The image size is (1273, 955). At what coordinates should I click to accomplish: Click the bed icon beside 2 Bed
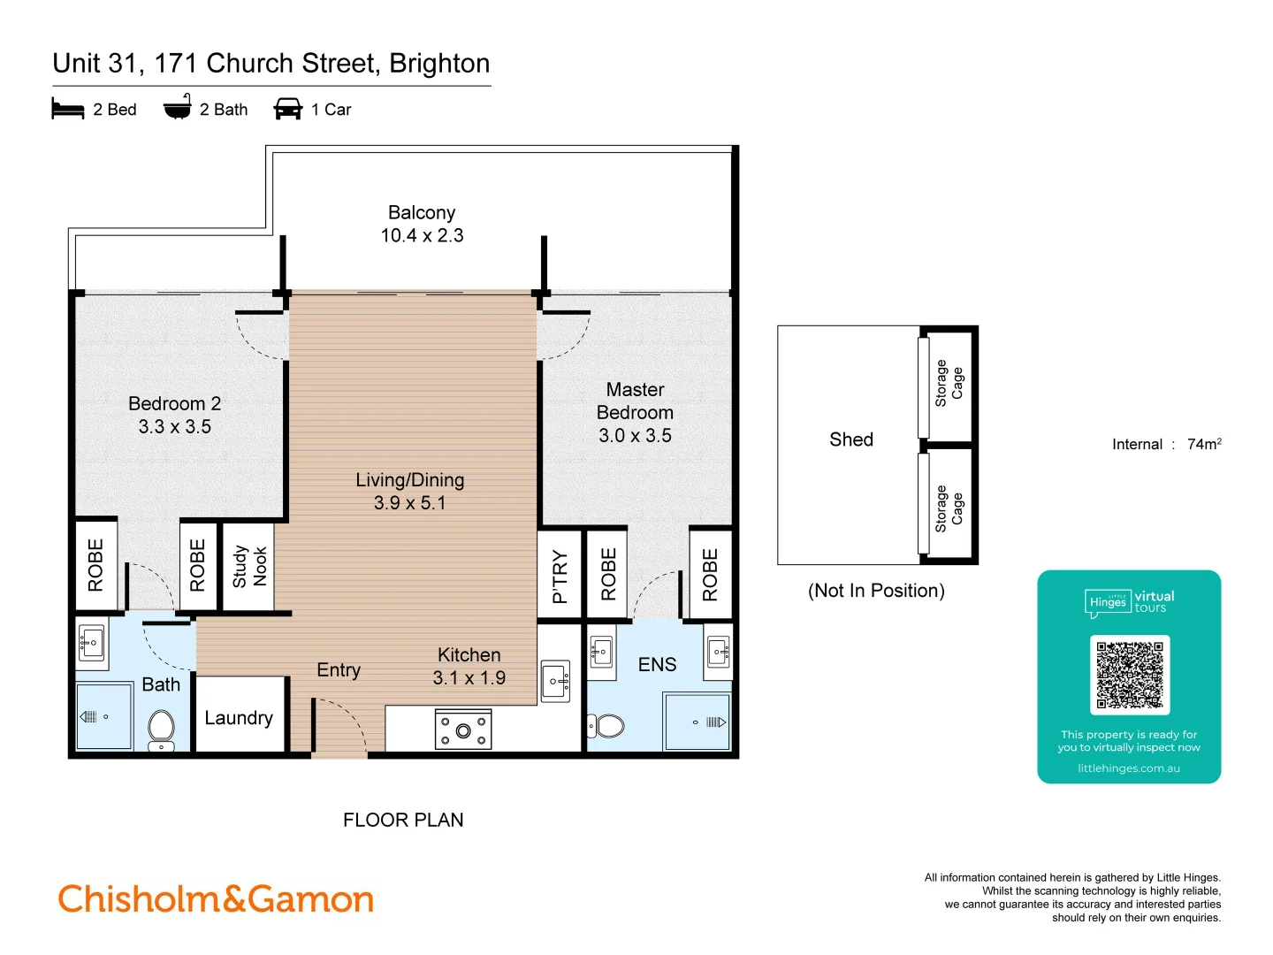(x=68, y=109)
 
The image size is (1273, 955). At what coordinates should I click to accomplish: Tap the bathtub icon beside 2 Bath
(x=178, y=107)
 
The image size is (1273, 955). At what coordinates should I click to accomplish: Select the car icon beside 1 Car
(x=288, y=109)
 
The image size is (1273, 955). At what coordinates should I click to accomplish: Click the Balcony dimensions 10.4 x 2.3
(x=422, y=235)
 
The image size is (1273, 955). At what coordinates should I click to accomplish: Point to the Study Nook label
(x=249, y=566)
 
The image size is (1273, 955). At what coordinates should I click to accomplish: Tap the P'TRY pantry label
(x=560, y=577)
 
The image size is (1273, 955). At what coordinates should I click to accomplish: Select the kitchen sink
(x=556, y=680)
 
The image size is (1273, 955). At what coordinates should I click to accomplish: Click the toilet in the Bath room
(x=161, y=728)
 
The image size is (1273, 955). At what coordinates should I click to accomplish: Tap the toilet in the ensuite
(x=607, y=726)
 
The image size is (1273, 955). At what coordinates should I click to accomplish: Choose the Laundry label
(x=239, y=718)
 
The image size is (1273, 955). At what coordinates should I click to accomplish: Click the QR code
(x=1130, y=675)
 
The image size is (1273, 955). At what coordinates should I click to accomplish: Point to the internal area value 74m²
(x=1203, y=444)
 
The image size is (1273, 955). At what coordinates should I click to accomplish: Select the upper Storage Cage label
(x=949, y=383)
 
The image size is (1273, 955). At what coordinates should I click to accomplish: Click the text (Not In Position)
(x=876, y=591)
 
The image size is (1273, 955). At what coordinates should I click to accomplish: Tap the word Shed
(x=851, y=439)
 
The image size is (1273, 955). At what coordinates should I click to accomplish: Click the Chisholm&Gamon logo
(x=216, y=899)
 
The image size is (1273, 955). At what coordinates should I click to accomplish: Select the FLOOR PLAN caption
(x=403, y=820)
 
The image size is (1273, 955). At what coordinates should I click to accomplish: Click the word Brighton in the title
(x=439, y=64)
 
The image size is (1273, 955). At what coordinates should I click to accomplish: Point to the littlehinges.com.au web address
(x=1129, y=768)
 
